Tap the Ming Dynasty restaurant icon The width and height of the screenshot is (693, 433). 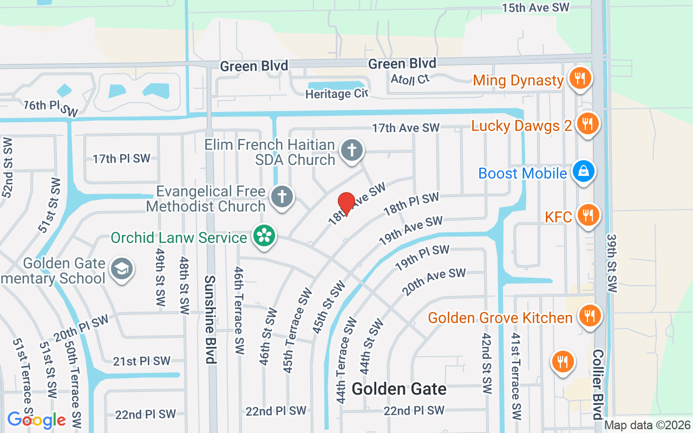coord(579,79)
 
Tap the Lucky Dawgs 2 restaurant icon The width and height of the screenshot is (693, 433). coord(586,124)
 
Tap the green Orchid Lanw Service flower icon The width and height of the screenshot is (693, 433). coord(264,237)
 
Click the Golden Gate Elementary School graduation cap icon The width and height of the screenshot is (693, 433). coord(121,268)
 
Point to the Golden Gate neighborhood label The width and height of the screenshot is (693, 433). coord(399,389)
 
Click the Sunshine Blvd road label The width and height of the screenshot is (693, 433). coord(210,319)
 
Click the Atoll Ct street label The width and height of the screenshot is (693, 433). coord(410,79)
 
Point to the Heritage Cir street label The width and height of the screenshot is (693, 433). coord(336,94)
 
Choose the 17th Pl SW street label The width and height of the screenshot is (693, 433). coord(121,159)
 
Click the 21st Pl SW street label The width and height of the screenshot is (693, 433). coord(141,361)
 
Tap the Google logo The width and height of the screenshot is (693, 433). coord(36,420)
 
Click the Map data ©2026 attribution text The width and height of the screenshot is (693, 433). coord(648,425)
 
